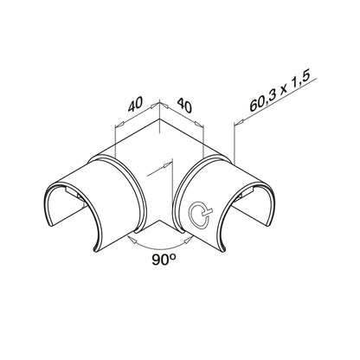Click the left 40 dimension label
click(x=136, y=104)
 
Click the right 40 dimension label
click(x=184, y=106)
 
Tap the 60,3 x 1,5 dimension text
click(x=280, y=92)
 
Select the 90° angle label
click(x=164, y=260)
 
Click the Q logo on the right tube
click(x=200, y=214)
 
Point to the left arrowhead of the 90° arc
click(x=132, y=239)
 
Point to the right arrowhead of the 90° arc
click(x=189, y=239)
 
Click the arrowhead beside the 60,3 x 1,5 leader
click(x=239, y=123)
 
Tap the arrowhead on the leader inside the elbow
click(x=166, y=165)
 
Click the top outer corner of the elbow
click(x=159, y=119)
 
